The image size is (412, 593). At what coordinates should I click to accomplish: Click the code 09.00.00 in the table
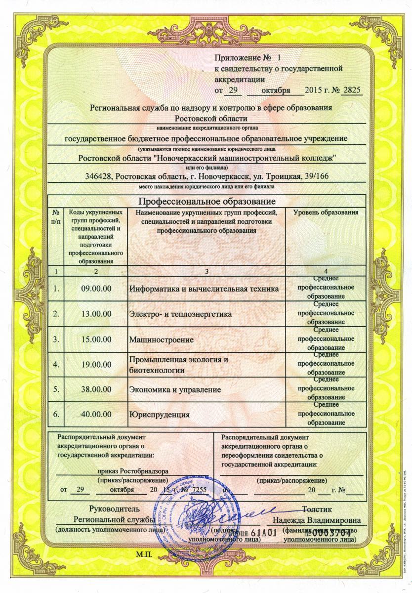[x=96, y=288]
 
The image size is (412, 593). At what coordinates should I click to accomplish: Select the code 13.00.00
[x=96, y=314]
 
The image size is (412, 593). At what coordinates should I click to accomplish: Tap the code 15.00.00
[x=96, y=339]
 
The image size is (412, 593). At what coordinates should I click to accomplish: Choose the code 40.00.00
[x=96, y=415]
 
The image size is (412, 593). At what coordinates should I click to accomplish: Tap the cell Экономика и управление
[x=174, y=390]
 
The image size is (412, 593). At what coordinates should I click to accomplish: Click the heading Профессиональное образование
[x=206, y=202]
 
